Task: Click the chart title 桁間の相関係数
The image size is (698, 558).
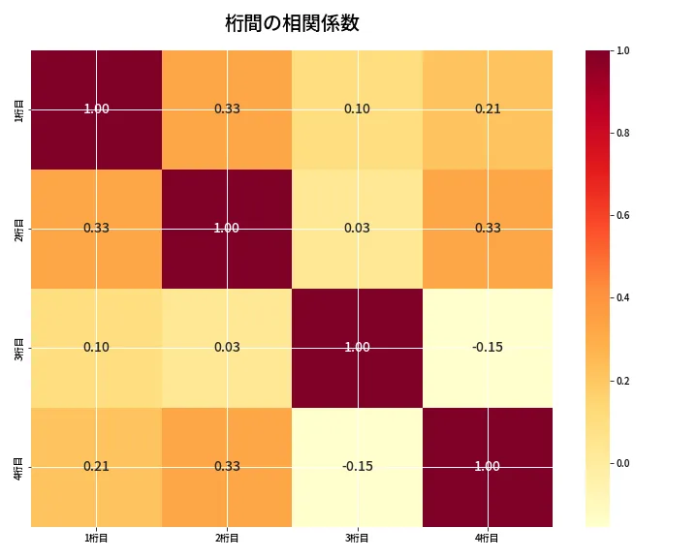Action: click(292, 23)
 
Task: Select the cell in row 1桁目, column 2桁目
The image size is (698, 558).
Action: click(227, 109)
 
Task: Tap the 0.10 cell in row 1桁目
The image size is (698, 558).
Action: click(357, 109)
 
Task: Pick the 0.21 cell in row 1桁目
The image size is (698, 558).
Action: click(488, 109)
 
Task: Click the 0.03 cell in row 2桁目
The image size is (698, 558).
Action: click(357, 229)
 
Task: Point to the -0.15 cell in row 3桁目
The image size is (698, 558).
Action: click(488, 348)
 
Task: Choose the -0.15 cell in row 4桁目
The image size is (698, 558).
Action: click(357, 467)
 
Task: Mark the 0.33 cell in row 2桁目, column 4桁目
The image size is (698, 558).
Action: click(488, 229)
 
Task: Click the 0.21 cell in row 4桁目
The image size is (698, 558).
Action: click(96, 467)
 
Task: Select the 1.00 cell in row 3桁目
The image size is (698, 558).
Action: click(357, 348)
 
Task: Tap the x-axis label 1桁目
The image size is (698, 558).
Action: click(96, 539)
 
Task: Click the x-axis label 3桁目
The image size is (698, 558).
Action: click(357, 539)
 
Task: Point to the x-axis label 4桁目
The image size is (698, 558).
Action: click(488, 539)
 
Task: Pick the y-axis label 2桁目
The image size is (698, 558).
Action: click(19, 229)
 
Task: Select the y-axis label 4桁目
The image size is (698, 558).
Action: click(19, 467)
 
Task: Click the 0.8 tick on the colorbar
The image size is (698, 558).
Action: click(622, 133)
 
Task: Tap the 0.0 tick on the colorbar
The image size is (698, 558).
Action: click(622, 463)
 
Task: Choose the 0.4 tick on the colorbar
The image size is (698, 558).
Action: click(622, 298)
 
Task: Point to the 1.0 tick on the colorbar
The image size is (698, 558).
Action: click(622, 50)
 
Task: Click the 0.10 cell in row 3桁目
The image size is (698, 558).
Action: click(96, 348)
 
